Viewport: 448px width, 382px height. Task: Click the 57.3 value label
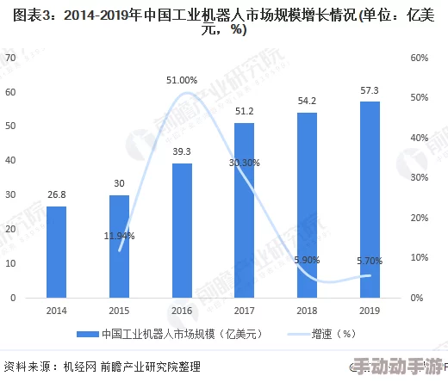coord(369,90)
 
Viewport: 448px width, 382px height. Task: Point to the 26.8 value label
coord(57,194)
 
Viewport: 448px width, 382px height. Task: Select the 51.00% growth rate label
coord(182,80)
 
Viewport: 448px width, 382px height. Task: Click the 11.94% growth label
coord(119,235)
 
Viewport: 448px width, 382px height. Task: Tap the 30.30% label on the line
coord(245,162)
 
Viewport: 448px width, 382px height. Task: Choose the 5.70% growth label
coord(369,260)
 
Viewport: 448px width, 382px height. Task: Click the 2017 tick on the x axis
coord(245,310)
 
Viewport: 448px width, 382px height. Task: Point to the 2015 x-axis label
coord(119,310)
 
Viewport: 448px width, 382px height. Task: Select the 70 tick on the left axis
coord(10,58)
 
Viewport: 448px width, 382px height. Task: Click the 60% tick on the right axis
coord(420,58)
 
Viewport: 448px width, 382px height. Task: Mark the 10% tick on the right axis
coord(420,257)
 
